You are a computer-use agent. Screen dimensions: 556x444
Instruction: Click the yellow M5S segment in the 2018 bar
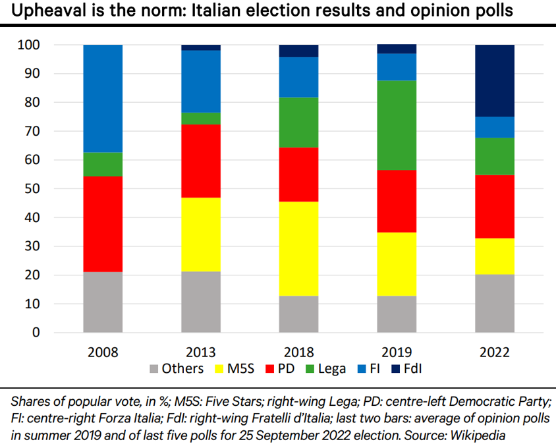298,248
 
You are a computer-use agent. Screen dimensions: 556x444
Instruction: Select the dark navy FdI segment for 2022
495,81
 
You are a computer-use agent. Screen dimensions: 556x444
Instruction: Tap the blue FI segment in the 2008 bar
103,99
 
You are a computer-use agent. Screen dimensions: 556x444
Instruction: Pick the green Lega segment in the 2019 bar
397,125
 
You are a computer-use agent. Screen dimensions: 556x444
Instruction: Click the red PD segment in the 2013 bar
201,161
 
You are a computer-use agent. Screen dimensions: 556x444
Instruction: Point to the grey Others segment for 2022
495,303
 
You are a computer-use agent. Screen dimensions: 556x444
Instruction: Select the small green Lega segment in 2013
201,119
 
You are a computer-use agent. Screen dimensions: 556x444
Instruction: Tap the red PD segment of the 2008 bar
103,224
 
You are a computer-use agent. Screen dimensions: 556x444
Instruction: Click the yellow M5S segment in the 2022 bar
495,256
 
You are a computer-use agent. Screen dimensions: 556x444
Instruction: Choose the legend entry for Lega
326,369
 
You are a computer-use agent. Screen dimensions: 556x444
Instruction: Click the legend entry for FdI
406,368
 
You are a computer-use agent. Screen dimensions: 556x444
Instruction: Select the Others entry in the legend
177,368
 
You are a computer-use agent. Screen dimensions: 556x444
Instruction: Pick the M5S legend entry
235,368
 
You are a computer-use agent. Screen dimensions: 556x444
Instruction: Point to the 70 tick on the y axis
32,131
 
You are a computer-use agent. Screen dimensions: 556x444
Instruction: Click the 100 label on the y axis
29,45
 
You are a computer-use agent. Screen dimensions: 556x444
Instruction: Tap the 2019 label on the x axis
397,352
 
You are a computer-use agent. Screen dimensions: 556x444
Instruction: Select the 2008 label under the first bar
103,352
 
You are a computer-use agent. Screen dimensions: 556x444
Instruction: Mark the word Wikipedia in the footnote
478,435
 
